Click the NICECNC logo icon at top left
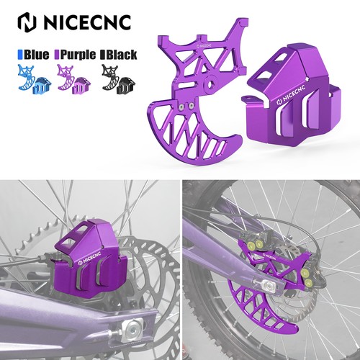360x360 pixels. tap(27, 22)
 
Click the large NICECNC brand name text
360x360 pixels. tap(88, 22)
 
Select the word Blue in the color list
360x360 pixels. tap(36, 55)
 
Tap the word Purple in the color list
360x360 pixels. tap(78, 55)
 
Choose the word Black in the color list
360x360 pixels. tap(122, 55)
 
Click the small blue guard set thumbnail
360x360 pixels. tap(35, 79)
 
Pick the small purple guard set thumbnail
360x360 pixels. tap(74, 79)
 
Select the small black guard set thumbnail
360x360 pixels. tap(118, 79)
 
